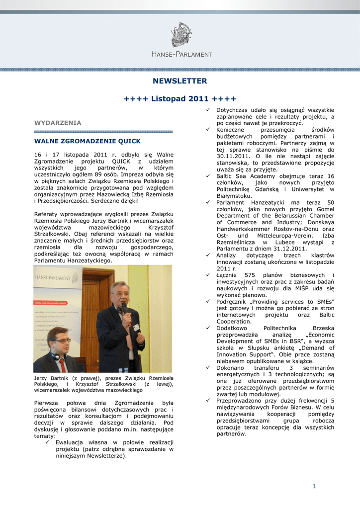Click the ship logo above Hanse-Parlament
(x=181, y=34)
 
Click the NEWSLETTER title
(x=180, y=81)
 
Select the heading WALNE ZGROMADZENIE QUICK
(x=87, y=141)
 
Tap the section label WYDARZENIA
(x=57, y=122)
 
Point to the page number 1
(x=314, y=486)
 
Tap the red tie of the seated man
(x=63, y=365)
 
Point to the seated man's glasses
(x=61, y=340)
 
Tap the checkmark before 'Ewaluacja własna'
(x=48, y=442)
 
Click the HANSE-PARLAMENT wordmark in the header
(x=181, y=54)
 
